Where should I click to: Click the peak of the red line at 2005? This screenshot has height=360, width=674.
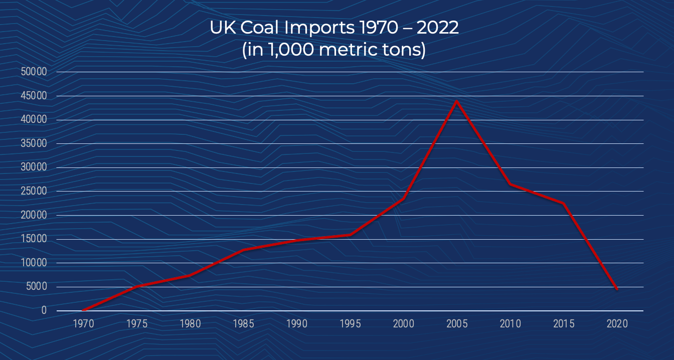(x=456, y=101)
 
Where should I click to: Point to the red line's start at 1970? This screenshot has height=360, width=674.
(x=83, y=310)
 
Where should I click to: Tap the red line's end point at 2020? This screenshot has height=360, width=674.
(x=616, y=289)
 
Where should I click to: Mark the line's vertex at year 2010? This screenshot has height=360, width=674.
(x=510, y=184)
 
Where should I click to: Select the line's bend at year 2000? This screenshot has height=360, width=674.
(x=403, y=199)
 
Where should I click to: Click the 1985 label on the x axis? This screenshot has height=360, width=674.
(x=243, y=323)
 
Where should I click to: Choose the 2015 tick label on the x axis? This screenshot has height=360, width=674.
(x=564, y=323)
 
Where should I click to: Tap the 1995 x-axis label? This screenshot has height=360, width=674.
(x=350, y=323)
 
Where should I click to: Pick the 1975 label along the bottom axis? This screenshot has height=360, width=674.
(x=137, y=323)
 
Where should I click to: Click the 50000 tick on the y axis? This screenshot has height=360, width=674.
(x=34, y=72)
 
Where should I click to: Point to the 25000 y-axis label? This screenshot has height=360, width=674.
(x=34, y=191)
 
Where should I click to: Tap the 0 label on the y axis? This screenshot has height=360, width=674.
(x=44, y=310)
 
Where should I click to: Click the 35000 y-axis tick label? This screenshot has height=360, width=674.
(x=34, y=143)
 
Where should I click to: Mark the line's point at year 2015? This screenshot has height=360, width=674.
(x=563, y=204)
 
